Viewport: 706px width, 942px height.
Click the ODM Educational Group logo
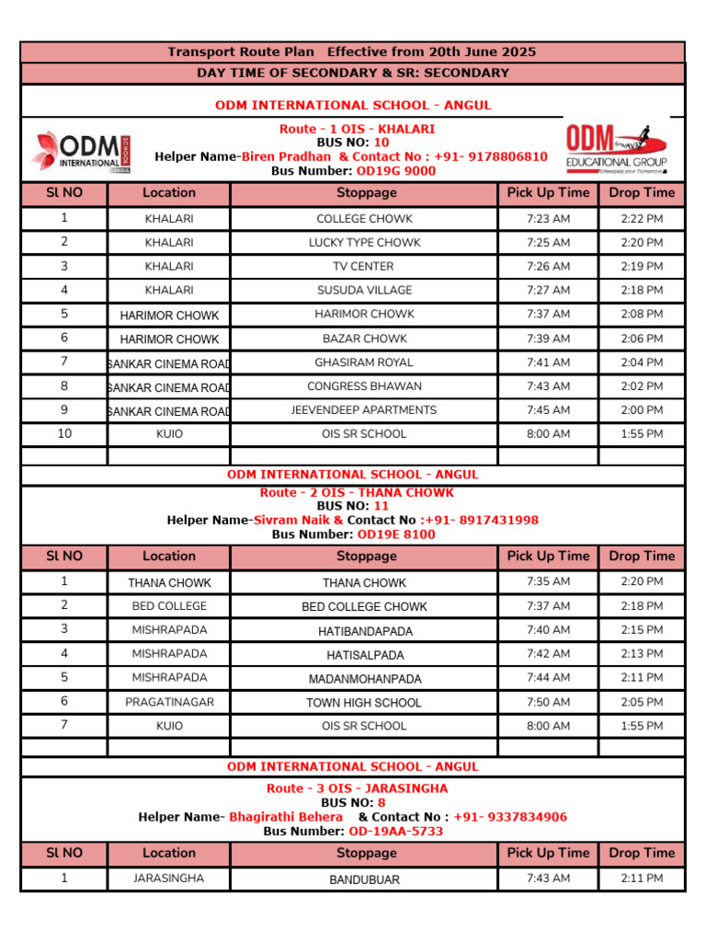tap(616, 148)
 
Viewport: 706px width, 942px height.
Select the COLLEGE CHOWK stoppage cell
tap(364, 219)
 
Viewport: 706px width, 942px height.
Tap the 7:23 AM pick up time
tap(548, 219)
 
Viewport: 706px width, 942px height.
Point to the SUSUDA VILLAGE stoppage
tap(364, 290)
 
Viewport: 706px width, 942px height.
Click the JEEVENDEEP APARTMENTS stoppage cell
tap(364, 410)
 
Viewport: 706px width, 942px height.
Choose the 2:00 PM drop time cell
tap(642, 410)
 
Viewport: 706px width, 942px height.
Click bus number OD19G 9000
tap(396, 171)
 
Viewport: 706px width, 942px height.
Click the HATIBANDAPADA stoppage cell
tap(365, 631)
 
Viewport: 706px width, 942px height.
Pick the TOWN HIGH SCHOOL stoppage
tap(364, 703)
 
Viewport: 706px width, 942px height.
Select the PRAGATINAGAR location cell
tap(169, 702)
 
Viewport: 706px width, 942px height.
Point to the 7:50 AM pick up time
tap(548, 702)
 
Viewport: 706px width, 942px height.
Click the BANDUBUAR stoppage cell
tap(364, 879)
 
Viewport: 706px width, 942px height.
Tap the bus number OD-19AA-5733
tap(395, 832)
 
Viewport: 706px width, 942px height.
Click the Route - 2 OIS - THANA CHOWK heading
tap(357, 493)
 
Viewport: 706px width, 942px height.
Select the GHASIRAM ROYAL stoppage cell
tap(364, 362)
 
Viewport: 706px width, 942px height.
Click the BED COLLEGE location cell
tap(169, 606)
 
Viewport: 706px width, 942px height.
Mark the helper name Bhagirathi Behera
tap(286, 817)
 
